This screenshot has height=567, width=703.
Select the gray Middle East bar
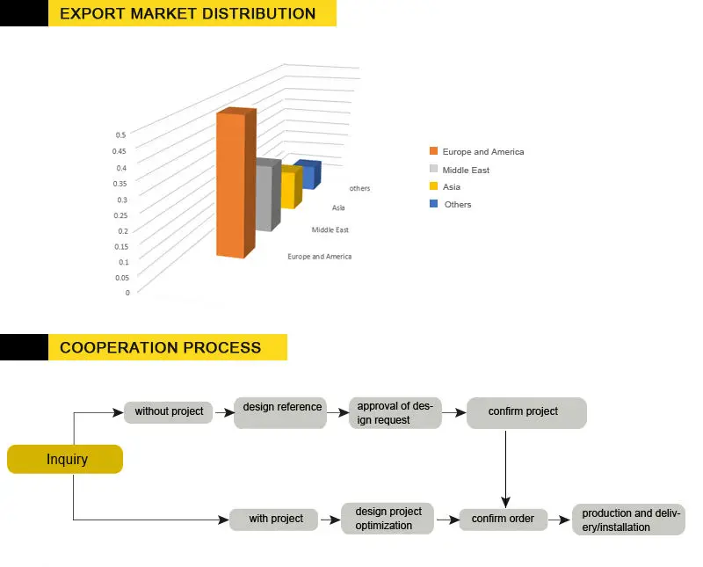[x=264, y=198]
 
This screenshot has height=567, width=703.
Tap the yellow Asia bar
[x=287, y=190]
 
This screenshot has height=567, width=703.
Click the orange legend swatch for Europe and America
[x=433, y=152]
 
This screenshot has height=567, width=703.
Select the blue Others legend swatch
[x=433, y=204]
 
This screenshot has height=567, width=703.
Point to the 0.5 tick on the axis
[x=120, y=135]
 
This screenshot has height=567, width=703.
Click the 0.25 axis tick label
[x=122, y=215]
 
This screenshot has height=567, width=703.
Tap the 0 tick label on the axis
[x=127, y=293]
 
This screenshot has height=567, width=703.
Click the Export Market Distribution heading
[x=188, y=14]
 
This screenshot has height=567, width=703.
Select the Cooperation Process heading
[x=160, y=347]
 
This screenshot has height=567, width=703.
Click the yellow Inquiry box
[x=66, y=459]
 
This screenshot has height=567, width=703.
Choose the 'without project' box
[x=169, y=411]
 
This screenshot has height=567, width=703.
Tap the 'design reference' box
[x=281, y=408]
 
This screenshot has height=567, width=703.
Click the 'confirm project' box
[x=525, y=411]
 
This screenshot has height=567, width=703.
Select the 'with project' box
[x=276, y=519]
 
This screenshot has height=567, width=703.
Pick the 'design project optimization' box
[x=388, y=519]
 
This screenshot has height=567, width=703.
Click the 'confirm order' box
[x=503, y=519]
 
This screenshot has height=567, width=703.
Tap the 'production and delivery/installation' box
[x=627, y=520]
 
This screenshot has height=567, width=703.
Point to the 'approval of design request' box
[x=395, y=413]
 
